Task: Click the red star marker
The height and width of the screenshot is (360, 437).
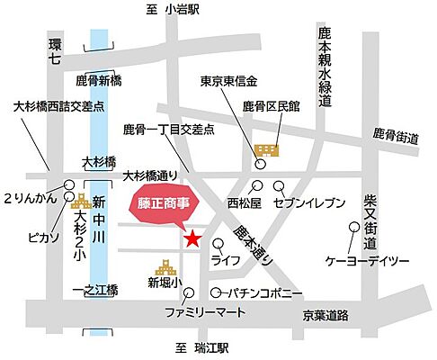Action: (x=192, y=238)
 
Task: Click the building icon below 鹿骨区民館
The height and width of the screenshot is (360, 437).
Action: (x=266, y=149)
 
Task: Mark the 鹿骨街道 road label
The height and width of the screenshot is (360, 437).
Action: (x=397, y=138)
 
